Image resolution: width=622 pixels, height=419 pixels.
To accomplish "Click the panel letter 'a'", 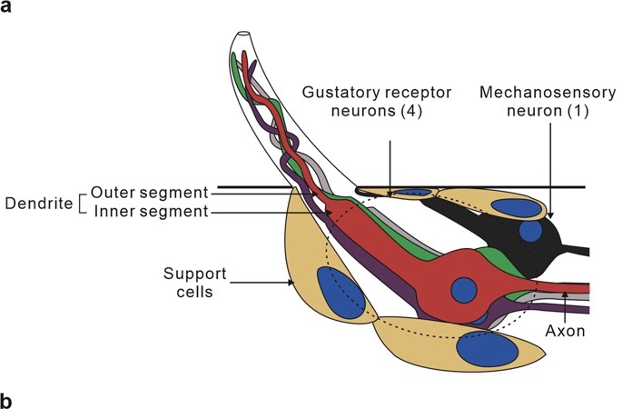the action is click(6, 6).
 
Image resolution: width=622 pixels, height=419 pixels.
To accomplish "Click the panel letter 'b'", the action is click(6, 401).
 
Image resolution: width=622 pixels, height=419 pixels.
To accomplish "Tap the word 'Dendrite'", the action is click(39, 204).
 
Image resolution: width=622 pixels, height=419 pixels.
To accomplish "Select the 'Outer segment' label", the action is click(150, 193).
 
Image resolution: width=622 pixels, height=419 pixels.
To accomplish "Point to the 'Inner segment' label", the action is click(151, 212).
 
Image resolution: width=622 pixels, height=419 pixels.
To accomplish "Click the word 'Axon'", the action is click(566, 331).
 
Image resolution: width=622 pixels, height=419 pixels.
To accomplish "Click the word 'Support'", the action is click(194, 274).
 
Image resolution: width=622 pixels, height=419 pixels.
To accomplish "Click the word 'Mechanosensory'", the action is click(548, 93).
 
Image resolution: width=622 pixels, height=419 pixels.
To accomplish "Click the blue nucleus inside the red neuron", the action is click(464, 290).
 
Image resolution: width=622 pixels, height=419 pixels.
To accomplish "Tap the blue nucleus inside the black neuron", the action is click(530, 231).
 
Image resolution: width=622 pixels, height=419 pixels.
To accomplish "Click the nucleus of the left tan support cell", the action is click(341, 293).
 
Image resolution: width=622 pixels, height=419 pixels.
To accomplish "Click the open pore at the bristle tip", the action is click(243, 35).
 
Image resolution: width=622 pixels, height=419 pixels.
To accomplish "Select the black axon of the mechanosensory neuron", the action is click(575, 251).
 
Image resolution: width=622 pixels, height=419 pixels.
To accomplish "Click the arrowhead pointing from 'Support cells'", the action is click(291, 283).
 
